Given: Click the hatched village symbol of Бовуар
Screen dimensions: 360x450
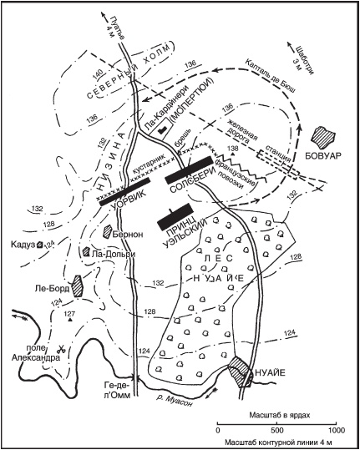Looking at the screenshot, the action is click(323, 137).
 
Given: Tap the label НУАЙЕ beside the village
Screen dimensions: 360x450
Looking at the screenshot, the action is click(270, 373).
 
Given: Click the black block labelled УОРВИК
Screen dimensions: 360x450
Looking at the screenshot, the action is click(125, 192).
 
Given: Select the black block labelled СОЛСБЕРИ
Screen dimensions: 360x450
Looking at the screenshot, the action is click(188, 170).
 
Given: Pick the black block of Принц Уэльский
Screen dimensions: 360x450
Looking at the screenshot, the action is click(175, 217).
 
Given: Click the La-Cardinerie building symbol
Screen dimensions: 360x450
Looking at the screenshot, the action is click(162, 130).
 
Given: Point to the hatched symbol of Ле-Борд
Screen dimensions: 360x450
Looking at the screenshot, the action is click(77, 286).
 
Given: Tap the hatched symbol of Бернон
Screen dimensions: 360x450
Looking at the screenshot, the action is click(107, 231).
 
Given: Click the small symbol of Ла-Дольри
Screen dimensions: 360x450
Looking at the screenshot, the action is click(86, 251).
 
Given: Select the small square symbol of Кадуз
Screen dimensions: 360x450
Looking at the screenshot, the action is click(40, 245).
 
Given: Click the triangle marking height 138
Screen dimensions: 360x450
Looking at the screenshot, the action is click(233, 154).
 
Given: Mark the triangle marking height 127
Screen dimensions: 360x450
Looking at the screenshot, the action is click(69, 320).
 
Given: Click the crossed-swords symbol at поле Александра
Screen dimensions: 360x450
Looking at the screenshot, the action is click(61, 349).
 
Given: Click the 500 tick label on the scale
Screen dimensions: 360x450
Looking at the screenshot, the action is click(276, 431).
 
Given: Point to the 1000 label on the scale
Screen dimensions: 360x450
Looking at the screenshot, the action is click(337, 431).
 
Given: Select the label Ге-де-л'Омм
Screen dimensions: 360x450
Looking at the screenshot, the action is click(118, 390).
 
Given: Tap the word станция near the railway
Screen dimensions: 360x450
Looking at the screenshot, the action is click(278, 154).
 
